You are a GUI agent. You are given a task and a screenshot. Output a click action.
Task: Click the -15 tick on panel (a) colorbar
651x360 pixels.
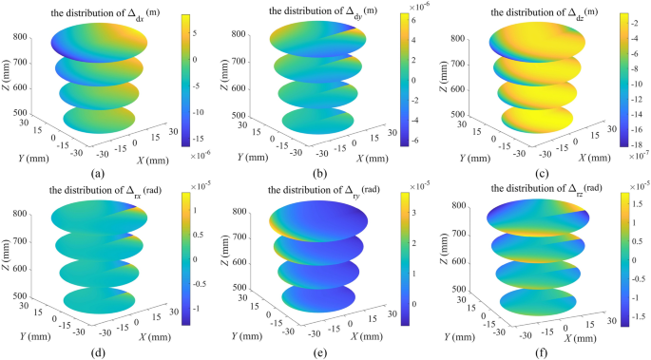[196, 136]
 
